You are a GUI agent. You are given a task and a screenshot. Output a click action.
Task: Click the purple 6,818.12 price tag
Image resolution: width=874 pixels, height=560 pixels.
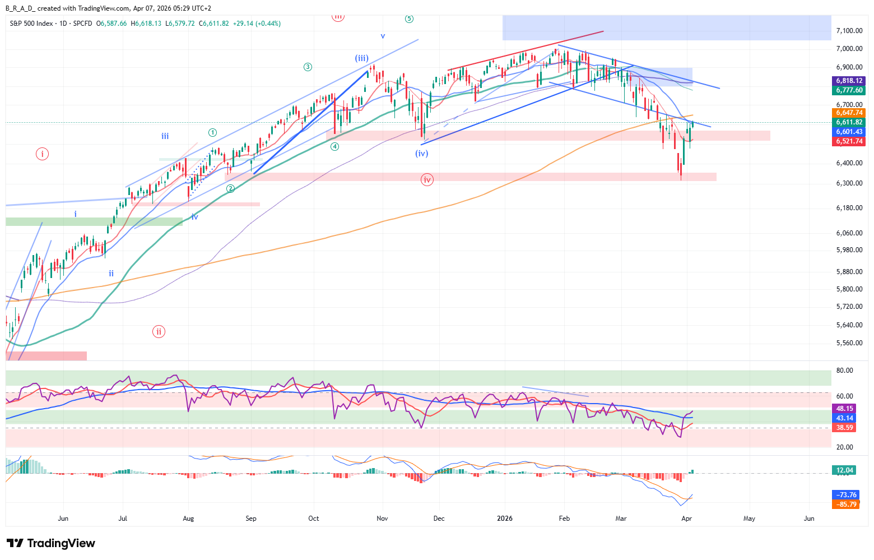[849, 81]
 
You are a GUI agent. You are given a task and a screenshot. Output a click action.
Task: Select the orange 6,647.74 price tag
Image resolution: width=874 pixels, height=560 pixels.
[849, 113]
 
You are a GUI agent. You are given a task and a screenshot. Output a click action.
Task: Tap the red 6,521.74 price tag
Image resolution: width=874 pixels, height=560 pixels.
[849, 141]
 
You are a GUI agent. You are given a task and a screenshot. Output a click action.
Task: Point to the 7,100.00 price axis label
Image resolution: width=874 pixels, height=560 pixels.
[849, 31]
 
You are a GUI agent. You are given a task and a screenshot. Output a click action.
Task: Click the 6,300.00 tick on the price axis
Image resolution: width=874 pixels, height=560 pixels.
[849, 183]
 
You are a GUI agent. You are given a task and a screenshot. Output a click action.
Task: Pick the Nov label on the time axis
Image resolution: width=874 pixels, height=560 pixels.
[382, 519]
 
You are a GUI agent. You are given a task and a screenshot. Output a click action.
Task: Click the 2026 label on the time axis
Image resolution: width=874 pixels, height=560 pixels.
[505, 519]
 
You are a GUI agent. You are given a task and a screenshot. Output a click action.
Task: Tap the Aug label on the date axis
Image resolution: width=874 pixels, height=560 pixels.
[188, 519]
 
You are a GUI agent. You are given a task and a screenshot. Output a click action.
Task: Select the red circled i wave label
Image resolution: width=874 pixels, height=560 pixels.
[42, 154]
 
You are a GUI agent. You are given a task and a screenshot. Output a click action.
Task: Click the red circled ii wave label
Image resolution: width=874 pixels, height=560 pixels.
[159, 332]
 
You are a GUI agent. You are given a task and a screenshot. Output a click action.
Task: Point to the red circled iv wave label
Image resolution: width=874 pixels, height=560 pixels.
[427, 180]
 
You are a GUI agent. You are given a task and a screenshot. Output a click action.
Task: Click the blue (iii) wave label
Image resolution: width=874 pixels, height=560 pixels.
[361, 58]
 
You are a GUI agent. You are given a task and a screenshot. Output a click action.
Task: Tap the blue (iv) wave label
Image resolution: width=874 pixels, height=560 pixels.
[421, 153]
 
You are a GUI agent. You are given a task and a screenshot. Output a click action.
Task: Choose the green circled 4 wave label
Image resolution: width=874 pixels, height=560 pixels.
[334, 147]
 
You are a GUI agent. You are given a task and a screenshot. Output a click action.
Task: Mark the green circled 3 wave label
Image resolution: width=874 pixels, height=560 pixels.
[308, 67]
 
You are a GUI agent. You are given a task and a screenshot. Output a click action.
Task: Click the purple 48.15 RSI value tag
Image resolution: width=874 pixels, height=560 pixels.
[844, 409]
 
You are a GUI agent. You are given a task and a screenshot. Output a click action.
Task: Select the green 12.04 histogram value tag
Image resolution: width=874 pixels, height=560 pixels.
[844, 470]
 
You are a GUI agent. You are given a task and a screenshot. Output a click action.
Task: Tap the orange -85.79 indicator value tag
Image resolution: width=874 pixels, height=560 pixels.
[846, 504]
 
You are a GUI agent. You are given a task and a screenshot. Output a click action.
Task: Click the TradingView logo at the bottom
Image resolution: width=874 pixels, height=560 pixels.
[51, 543]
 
